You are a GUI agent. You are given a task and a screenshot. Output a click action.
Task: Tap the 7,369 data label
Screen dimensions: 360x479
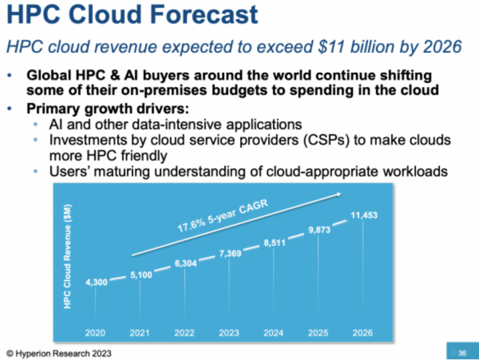pyautogui.click(x=229, y=254)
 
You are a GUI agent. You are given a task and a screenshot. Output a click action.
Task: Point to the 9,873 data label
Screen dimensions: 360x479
pyautogui.click(x=319, y=230)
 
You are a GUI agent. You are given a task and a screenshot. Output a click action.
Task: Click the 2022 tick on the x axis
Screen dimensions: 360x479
pyautogui.click(x=185, y=332)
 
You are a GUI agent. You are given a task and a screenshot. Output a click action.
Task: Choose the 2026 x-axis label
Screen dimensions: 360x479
pyautogui.click(x=362, y=332)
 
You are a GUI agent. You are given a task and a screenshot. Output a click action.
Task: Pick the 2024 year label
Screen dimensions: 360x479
pyautogui.click(x=274, y=332)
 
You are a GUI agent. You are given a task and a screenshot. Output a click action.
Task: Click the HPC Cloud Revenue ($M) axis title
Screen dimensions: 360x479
pyautogui.click(x=68, y=256)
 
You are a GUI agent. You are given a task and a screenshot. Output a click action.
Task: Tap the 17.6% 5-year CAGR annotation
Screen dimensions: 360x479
pyautogui.click(x=220, y=215)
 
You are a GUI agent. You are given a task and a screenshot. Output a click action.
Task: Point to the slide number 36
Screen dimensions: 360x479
pyautogui.click(x=463, y=351)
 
